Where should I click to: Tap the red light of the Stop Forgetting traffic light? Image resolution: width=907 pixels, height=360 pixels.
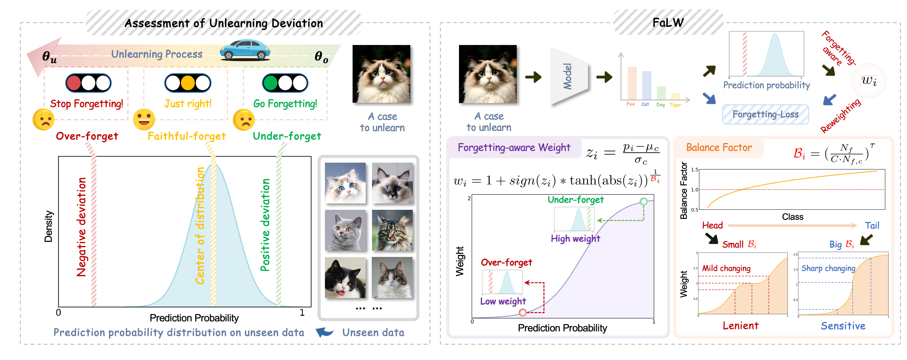tap(74, 83)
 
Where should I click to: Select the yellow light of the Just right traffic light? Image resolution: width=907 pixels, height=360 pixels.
tap(188, 83)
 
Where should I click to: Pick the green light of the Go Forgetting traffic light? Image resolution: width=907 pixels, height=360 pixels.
tap(271, 83)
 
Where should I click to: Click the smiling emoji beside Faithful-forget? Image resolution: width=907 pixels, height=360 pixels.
tap(144, 119)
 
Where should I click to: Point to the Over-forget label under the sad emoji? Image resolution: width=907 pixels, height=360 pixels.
tap(87, 136)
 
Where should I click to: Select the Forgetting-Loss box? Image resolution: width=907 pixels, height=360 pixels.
tap(765, 115)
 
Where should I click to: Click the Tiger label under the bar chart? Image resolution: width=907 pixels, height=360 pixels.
tap(675, 105)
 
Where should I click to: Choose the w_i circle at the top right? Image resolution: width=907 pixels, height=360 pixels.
tap(869, 81)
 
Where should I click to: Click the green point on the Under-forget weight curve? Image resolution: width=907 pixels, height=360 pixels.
tap(644, 202)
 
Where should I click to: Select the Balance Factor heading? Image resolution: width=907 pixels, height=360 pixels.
tap(719, 147)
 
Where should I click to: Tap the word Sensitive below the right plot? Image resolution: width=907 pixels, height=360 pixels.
tap(843, 326)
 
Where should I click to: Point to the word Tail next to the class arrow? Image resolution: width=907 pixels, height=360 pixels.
tap(872, 225)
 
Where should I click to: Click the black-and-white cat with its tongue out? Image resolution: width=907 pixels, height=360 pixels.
tap(345, 278)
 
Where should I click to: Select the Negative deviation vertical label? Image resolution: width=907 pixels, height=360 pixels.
tap(81, 227)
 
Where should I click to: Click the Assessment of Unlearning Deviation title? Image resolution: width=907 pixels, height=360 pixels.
tap(224, 23)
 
